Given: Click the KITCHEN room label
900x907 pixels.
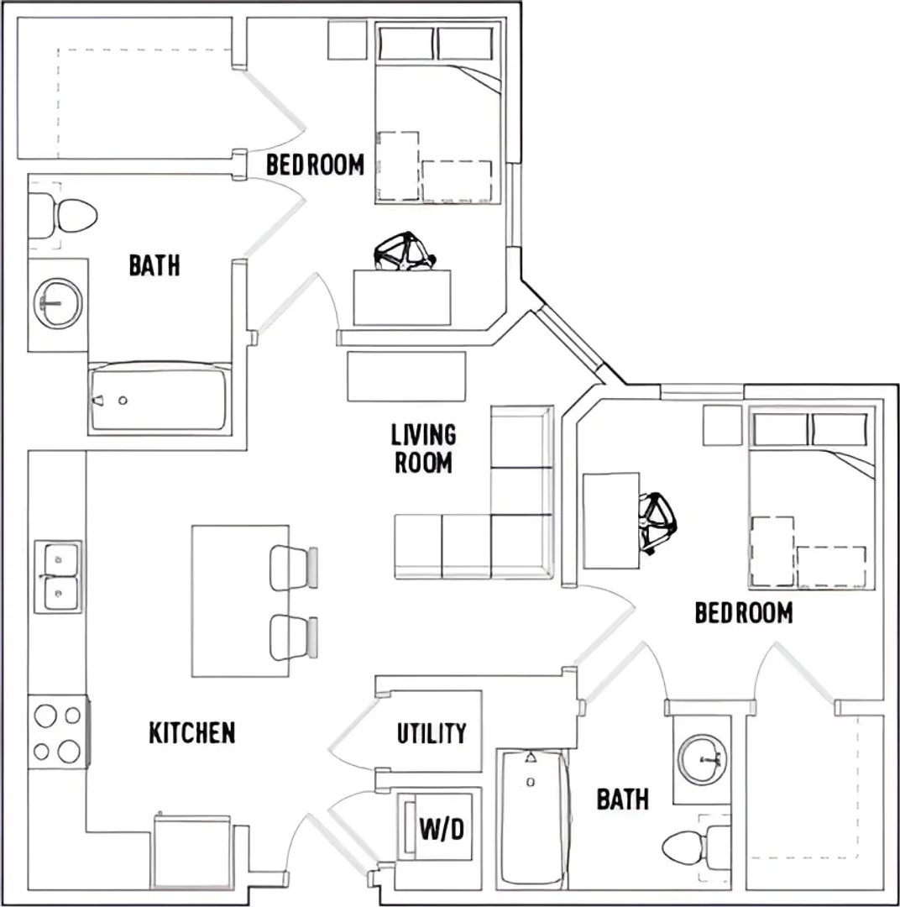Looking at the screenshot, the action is pyautogui.click(x=192, y=733).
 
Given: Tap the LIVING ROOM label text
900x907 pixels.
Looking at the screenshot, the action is pyautogui.click(x=423, y=448).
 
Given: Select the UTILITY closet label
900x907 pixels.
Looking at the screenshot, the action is pyautogui.click(x=432, y=733).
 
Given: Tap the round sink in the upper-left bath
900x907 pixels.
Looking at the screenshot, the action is pyautogui.click(x=58, y=303).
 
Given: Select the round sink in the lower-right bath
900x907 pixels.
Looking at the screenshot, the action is pyautogui.click(x=702, y=759).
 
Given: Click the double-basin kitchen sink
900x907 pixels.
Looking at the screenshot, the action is pyautogui.click(x=58, y=577).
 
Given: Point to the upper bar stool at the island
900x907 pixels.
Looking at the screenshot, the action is pyautogui.click(x=294, y=568).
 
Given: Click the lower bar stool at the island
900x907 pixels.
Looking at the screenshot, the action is pyautogui.click(x=294, y=637).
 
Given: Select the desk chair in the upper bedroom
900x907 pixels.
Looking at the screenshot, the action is pyautogui.click(x=405, y=252).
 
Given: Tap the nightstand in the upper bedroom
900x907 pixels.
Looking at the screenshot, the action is pyautogui.click(x=348, y=40).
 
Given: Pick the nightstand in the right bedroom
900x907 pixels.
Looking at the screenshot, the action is pyautogui.click(x=722, y=425).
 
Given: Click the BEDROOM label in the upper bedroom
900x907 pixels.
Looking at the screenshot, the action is pyautogui.click(x=315, y=165).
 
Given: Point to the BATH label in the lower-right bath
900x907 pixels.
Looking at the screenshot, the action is pyautogui.click(x=622, y=800).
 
